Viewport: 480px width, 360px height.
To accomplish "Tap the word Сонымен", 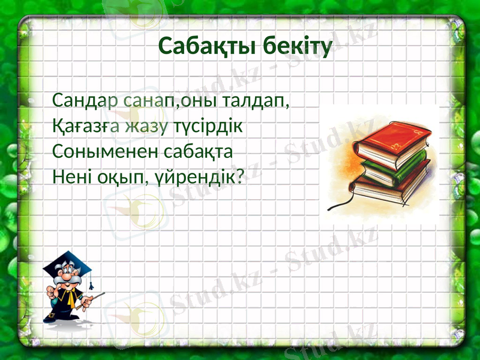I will (96, 152).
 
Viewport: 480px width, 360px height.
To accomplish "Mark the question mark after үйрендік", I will (241, 178).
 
